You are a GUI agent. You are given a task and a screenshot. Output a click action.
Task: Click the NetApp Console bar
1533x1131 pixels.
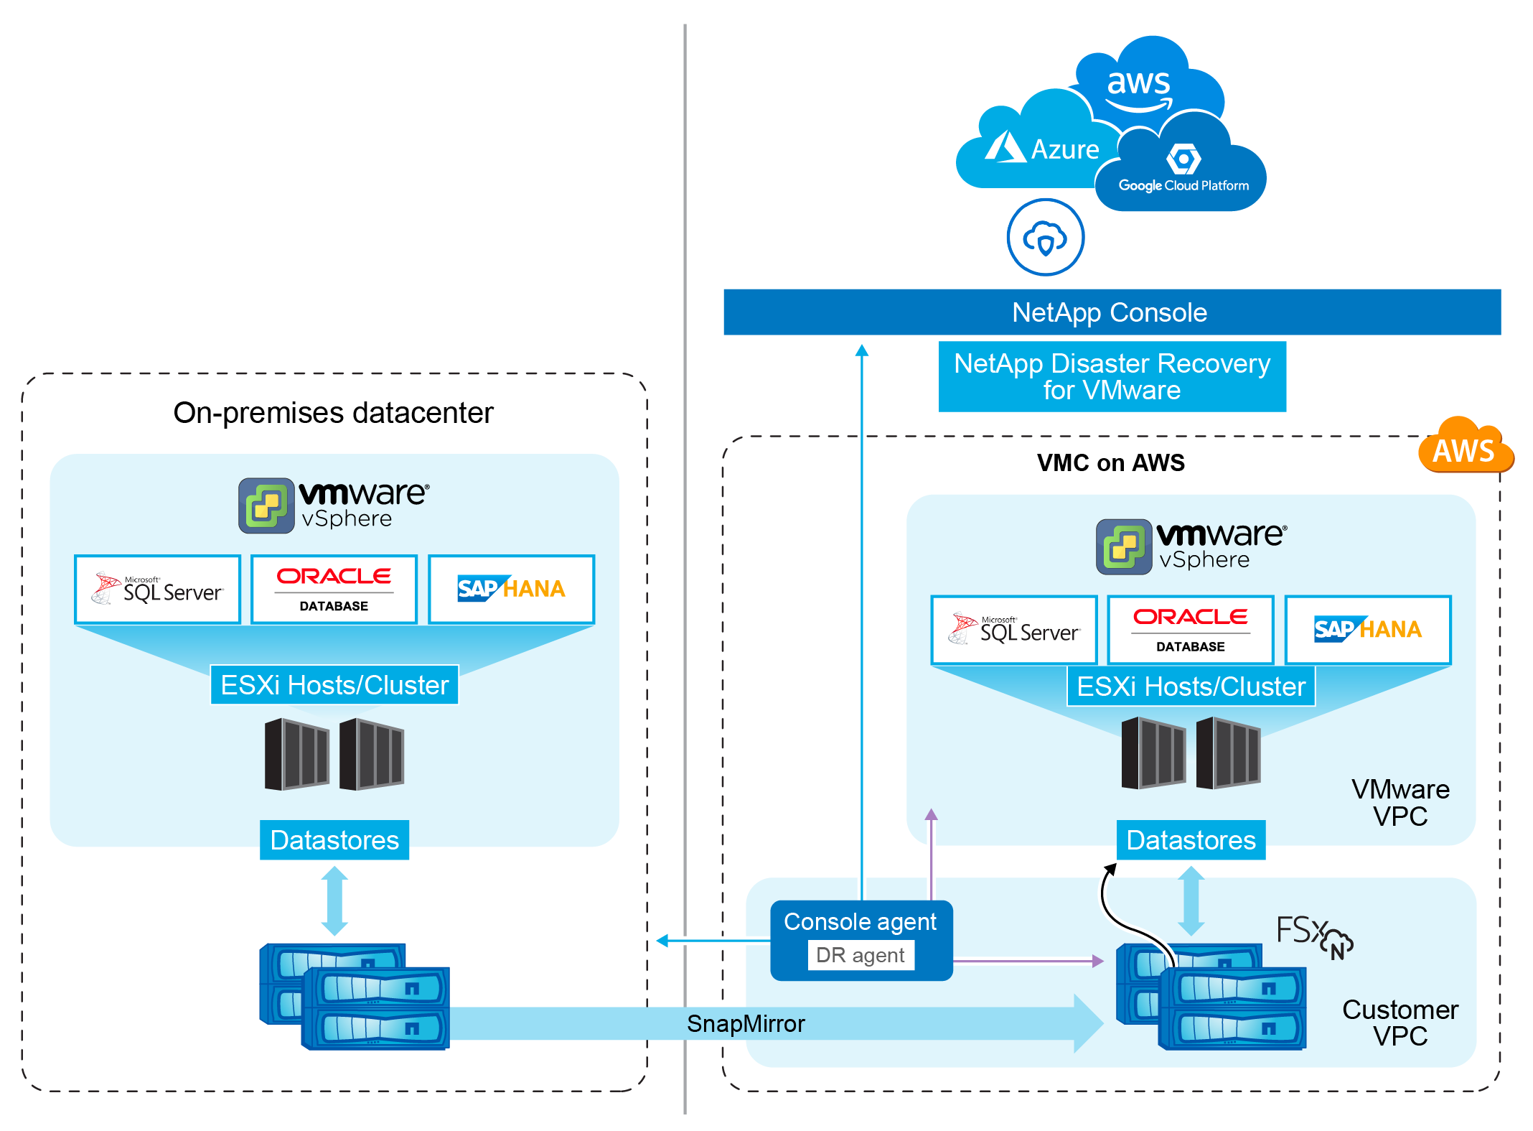[x=1111, y=312]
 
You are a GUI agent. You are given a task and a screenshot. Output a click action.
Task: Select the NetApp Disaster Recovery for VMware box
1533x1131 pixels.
[x=1112, y=377]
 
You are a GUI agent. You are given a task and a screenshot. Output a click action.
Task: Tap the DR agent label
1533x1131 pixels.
[x=861, y=955]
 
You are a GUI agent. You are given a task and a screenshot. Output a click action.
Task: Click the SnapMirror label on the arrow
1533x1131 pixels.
[x=746, y=1023]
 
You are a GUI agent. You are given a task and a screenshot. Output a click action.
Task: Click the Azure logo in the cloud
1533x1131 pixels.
[x=1005, y=147]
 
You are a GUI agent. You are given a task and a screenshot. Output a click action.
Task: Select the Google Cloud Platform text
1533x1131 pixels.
[x=1183, y=186]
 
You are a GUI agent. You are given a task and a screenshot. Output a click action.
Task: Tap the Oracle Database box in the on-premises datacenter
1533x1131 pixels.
[x=334, y=590]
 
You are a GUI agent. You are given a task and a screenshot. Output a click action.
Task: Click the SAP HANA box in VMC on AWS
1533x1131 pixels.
[x=1367, y=630]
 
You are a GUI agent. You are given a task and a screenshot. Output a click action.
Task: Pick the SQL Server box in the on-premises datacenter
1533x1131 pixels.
[x=157, y=590]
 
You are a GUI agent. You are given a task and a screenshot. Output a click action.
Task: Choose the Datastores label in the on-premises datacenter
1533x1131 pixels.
[x=334, y=840]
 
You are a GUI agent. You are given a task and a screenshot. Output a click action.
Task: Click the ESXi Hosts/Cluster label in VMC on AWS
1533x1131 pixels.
[x=1191, y=686]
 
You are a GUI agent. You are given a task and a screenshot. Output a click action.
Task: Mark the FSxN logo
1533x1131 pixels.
[x=1314, y=936]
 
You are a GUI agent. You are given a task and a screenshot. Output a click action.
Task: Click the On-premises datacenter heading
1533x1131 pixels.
[x=334, y=413]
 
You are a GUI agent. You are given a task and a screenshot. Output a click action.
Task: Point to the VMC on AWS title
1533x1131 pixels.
[x=1110, y=462]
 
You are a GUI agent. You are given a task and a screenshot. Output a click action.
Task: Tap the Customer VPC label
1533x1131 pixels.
[x=1400, y=1023]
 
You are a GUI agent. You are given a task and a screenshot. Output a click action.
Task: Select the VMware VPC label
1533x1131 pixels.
[x=1400, y=803]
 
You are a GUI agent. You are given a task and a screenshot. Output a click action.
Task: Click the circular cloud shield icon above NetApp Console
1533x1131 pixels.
[x=1045, y=238]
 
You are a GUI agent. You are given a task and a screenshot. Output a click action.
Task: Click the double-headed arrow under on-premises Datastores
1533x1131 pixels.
[x=334, y=900]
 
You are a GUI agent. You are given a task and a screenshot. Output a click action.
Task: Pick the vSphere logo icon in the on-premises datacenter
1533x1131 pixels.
[x=266, y=506]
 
